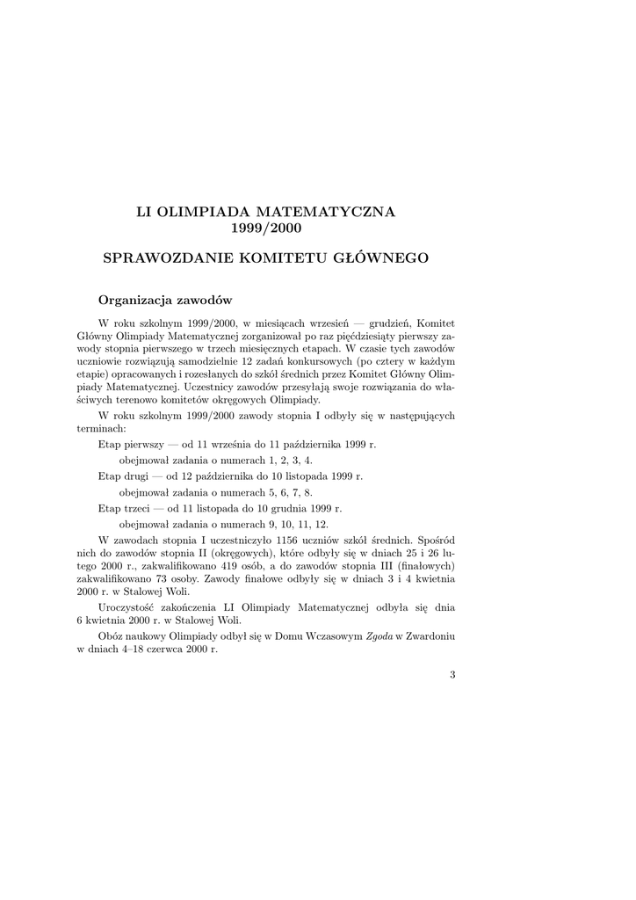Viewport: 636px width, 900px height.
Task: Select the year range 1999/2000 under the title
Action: point(266,229)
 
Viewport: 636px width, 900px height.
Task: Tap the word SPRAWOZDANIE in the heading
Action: point(161,258)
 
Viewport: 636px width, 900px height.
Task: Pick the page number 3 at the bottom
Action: point(452,674)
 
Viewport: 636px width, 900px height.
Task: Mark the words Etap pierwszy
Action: point(126,445)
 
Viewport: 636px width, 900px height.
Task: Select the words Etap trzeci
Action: point(122,508)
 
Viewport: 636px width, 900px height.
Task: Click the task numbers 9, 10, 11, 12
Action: point(296,524)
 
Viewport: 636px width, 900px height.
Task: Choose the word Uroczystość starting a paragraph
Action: point(130,606)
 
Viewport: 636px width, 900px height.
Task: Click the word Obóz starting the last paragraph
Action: point(112,635)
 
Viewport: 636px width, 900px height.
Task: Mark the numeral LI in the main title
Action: point(142,212)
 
